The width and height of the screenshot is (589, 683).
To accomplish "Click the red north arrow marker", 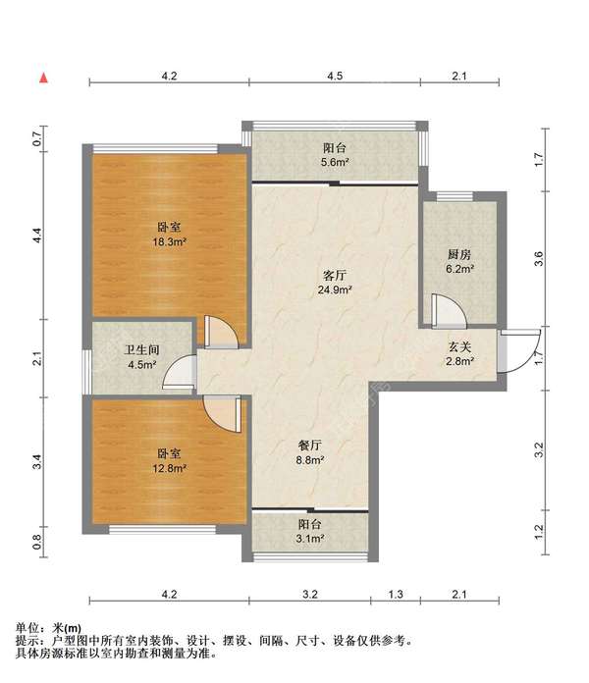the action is pyautogui.click(x=43, y=78).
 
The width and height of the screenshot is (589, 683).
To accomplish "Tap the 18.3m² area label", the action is pyautogui.click(x=169, y=241).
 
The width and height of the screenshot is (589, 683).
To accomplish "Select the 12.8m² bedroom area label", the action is pyautogui.click(x=169, y=469).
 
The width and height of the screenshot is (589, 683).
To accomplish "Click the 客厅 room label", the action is pyautogui.click(x=335, y=275).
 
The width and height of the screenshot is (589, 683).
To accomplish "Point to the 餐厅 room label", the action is pyautogui.click(x=310, y=446).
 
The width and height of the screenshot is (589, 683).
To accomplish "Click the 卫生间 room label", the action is pyautogui.click(x=142, y=349).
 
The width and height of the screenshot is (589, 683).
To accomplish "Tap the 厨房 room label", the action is pyautogui.click(x=459, y=254).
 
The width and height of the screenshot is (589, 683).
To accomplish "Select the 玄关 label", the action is pyautogui.click(x=460, y=346).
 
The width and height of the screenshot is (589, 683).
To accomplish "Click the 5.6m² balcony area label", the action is pyautogui.click(x=335, y=163).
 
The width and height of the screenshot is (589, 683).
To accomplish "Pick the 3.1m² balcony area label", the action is pyautogui.click(x=310, y=539).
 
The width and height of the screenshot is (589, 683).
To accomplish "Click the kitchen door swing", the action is pyautogui.click(x=450, y=311).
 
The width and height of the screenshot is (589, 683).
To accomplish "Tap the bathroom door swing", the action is pyautogui.click(x=180, y=372).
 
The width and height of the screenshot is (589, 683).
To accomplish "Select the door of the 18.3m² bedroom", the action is pyautogui.click(x=221, y=332).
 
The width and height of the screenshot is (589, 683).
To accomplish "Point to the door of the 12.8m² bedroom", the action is pyautogui.click(x=223, y=414).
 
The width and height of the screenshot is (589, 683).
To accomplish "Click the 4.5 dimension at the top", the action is pyautogui.click(x=335, y=76).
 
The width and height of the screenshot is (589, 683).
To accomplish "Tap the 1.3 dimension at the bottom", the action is pyautogui.click(x=396, y=594).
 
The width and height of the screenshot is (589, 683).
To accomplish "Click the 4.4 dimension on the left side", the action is pyautogui.click(x=38, y=236).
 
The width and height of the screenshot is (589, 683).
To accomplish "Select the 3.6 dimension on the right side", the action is pyautogui.click(x=539, y=259).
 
